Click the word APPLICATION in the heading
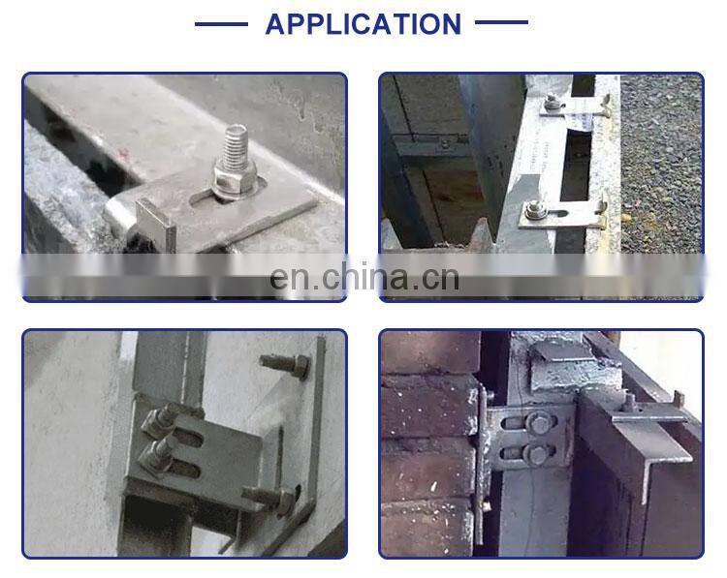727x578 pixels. click(x=363, y=24)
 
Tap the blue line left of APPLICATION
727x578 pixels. click(x=221, y=23)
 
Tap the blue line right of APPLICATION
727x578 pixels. click(x=502, y=21)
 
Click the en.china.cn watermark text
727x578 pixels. click(x=364, y=277)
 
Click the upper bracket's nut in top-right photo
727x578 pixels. click(x=552, y=103)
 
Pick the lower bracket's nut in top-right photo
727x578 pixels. click(x=534, y=211)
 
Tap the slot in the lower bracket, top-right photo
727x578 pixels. click(x=557, y=214)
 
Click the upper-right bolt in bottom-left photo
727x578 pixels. click(x=285, y=364)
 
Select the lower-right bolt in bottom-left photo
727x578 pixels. click(x=271, y=499)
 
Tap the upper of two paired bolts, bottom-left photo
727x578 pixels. click(x=160, y=421)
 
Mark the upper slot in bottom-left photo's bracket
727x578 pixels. click(x=189, y=438)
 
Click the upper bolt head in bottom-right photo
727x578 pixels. click(x=538, y=422)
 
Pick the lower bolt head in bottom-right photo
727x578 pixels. click(x=538, y=454)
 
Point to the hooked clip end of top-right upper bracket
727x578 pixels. click(x=605, y=106)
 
